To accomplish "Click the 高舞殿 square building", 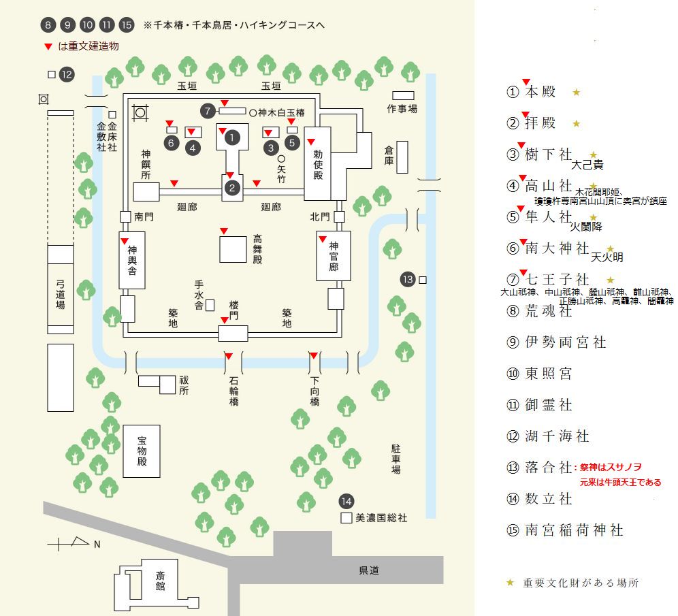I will tap(233, 248).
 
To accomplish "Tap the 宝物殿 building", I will tap(142, 451).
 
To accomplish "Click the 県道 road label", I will tap(369, 570).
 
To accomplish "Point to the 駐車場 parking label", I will tap(395, 459).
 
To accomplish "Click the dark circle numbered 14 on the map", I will tap(346, 502).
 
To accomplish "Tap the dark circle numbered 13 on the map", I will tap(408, 279).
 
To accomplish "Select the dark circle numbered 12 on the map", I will tap(66, 74).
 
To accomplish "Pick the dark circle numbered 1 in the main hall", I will tap(233, 137).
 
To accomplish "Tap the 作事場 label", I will tap(402, 108).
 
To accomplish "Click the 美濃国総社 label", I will tap(381, 518).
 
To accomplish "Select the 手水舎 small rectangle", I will tap(210, 305).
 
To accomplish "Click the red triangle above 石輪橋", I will tap(229, 356).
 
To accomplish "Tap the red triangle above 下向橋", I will tap(314, 356).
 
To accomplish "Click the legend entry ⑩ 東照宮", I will tap(548, 374).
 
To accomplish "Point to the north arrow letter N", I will tap(97, 544).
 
